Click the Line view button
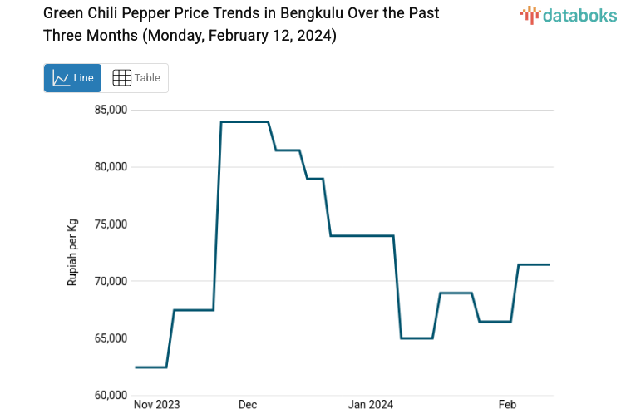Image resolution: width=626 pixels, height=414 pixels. pos(72,78)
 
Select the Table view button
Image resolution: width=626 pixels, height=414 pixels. pos(136,78)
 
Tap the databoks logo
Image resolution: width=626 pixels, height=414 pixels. pos(569,15)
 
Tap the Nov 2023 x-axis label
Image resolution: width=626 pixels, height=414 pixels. pos(157,405)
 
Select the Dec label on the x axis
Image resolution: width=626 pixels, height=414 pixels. pos(248,405)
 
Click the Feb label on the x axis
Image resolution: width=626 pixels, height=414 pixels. pos(507,405)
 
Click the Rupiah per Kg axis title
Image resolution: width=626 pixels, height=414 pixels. pos(72,253)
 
